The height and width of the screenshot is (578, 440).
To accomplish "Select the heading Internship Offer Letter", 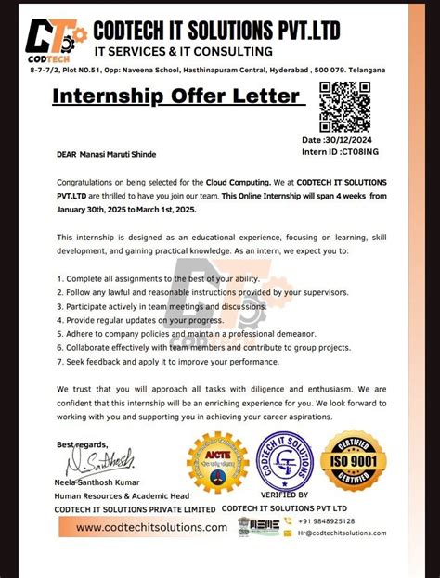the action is tap(175, 96).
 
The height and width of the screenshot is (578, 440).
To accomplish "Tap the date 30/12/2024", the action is tap(357, 139).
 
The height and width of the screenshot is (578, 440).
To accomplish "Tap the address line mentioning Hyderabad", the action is tap(219, 71).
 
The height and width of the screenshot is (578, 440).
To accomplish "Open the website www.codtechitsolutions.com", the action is tap(150, 527).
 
